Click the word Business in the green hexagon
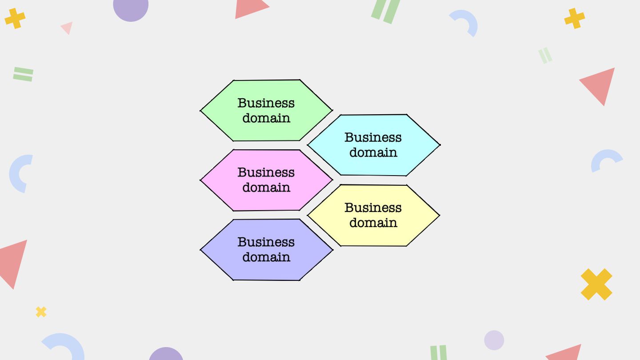pos(266,103)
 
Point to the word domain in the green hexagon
pos(266,118)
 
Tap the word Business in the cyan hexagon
pos(373,137)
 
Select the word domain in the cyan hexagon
pos(373,152)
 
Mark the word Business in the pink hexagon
pos(266,172)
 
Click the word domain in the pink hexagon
pos(266,188)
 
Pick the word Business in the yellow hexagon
pos(373,208)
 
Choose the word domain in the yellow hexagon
pos(373,223)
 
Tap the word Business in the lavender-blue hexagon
pos(266,242)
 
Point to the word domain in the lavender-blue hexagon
pos(266,257)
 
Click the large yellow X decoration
pos(596,284)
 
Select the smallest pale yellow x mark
pos(41,312)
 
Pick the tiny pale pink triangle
pos(68,27)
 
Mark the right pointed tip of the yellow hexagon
pos(438,216)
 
